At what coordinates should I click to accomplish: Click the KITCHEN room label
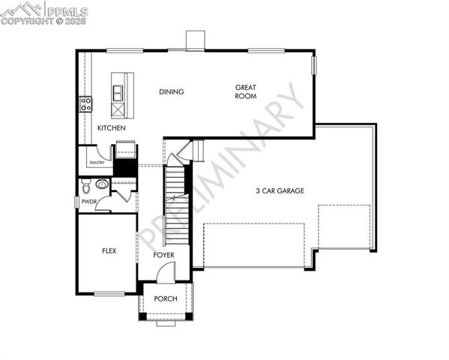click(111, 128)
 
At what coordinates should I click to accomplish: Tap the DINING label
click(171, 92)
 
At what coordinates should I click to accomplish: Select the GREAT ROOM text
click(246, 91)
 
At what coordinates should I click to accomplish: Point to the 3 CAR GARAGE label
click(280, 191)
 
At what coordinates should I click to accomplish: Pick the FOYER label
click(164, 256)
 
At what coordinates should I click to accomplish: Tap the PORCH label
click(166, 298)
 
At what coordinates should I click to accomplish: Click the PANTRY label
click(96, 161)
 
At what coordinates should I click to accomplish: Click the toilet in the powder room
click(85, 184)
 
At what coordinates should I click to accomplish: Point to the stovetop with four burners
click(86, 103)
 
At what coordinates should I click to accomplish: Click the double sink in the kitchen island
click(119, 93)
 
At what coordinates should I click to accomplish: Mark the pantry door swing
click(106, 153)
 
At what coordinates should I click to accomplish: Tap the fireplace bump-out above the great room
click(195, 40)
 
